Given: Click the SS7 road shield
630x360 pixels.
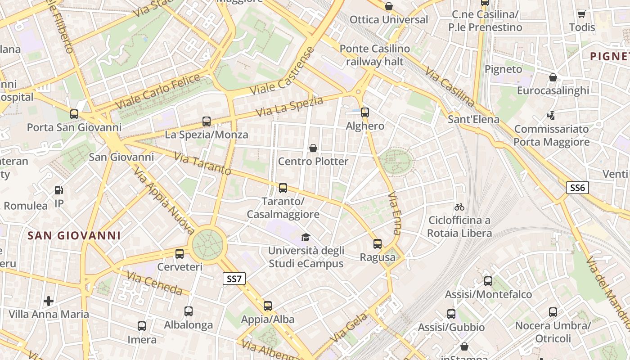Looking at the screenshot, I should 234,279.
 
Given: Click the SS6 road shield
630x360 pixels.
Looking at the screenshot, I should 577,188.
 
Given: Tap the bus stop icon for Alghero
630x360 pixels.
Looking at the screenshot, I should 365,112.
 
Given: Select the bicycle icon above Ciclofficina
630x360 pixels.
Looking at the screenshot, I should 459,207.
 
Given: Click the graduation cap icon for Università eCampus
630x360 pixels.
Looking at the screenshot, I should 306,237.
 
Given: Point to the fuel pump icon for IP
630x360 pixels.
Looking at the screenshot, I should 59,190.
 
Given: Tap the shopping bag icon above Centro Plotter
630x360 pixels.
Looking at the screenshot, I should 313,148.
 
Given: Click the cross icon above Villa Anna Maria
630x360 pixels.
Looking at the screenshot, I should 49,301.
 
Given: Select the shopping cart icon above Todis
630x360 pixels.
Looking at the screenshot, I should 582,14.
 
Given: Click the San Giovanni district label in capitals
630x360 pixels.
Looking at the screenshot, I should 74,235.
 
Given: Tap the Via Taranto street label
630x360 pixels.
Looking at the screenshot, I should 202,164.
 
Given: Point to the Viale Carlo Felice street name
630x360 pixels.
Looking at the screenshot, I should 157,92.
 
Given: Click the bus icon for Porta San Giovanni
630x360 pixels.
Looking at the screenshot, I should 74,114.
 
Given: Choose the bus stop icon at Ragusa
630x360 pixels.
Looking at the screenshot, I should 378,244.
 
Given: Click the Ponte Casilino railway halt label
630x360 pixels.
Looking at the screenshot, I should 375,55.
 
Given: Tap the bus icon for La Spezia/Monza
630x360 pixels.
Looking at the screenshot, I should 207,121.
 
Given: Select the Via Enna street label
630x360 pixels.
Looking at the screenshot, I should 394,213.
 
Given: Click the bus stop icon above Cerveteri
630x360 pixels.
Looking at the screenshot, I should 180,254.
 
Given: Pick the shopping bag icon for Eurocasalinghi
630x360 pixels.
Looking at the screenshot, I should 553,77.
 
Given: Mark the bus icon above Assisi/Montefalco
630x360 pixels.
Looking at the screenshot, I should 488,281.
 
